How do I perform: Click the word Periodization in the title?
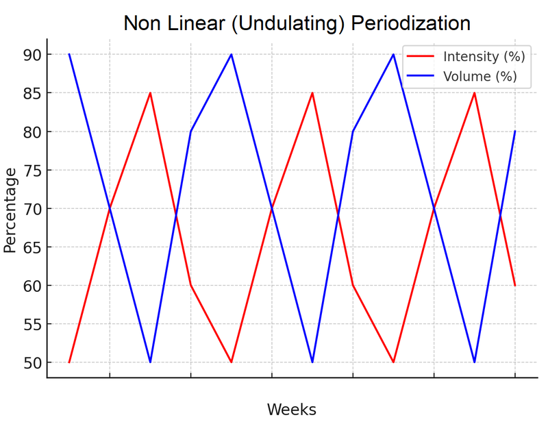pos(410,23)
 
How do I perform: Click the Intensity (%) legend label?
pos(480,56)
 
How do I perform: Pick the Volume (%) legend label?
pos(480,76)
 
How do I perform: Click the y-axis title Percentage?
pos(10,208)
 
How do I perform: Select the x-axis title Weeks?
pos(291,410)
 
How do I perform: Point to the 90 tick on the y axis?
pos(32,54)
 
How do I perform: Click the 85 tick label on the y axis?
pos(32,92)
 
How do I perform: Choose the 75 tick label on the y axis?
pos(32,170)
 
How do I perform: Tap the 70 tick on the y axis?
pos(32,208)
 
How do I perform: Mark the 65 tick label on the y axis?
pos(32,247)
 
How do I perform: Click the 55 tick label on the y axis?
pos(32,324)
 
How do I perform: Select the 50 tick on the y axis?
pos(32,362)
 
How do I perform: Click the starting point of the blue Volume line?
pos(69,54)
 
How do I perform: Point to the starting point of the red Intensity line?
pos(69,362)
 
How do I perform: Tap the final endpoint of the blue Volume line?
pos(514,131)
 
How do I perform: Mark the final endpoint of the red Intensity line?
pos(514,285)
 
